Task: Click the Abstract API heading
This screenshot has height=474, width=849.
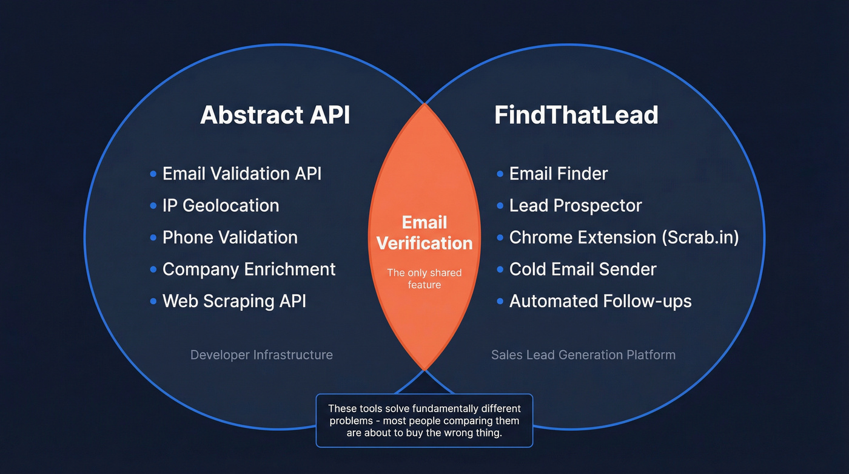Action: click(275, 115)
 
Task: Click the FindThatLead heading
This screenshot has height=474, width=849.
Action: click(576, 115)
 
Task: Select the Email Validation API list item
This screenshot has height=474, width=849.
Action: click(241, 174)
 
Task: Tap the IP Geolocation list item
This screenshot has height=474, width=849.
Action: click(221, 206)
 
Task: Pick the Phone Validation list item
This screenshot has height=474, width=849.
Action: click(230, 237)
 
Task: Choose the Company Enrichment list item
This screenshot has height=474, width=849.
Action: click(249, 269)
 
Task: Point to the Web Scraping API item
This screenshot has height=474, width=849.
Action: click(234, 301)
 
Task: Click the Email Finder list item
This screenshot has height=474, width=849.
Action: click(558, 174)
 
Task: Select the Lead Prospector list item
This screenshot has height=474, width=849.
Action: click(575, 206)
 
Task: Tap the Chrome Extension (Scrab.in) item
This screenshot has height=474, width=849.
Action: click(624, 237)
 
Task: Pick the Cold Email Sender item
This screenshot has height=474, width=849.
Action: click(582, 269)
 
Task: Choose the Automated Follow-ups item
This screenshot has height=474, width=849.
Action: click(600, 301)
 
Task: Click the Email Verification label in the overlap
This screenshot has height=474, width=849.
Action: click(424, 233)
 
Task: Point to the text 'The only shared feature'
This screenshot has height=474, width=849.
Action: click(424, 279)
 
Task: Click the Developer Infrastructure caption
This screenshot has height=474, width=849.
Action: click(261, 355)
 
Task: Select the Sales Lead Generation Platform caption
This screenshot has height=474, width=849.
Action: click(583, 355)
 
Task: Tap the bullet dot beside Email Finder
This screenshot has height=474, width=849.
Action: click(500, 174)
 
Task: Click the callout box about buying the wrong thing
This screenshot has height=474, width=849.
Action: click(424, 421)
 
